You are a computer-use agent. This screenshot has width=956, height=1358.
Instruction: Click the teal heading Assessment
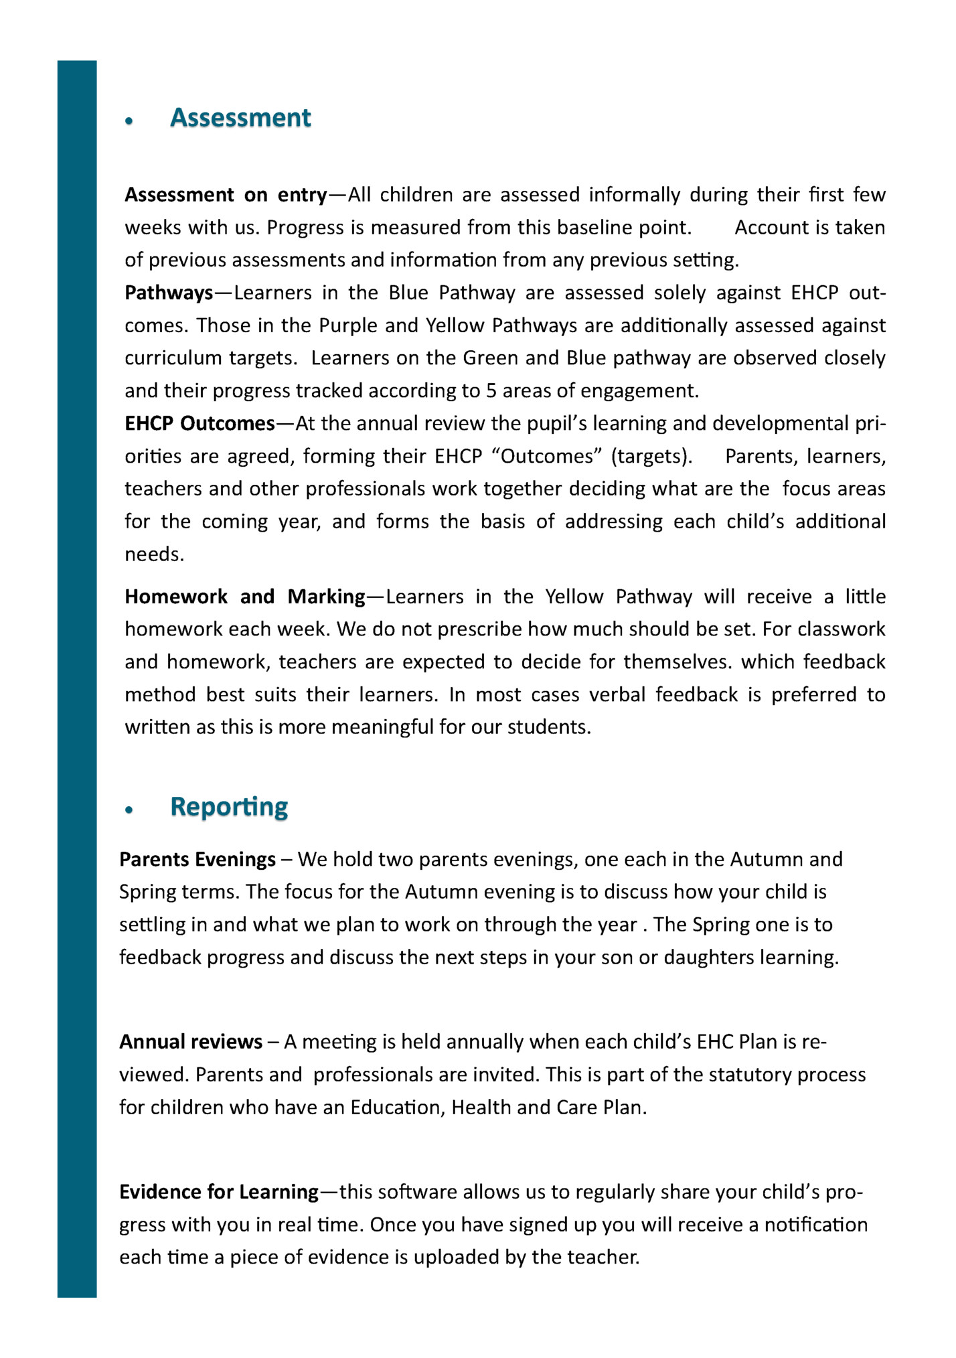coord(240,118)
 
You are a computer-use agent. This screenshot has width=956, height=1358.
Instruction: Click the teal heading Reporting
coord(229,806)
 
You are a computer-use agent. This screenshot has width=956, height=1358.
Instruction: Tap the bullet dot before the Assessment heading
coord(130,121)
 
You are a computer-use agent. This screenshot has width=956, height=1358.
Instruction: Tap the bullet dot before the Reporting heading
coord(130,810)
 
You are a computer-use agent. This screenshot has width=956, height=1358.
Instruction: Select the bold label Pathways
coord(169,293)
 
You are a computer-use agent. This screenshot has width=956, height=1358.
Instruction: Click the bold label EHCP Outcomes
coord(200,424)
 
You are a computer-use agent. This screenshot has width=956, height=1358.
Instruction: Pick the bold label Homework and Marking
coord(245,597)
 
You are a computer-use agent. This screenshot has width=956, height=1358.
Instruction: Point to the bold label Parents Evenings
coord(197,859)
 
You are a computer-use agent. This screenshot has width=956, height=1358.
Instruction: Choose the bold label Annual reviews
coord(191,1042)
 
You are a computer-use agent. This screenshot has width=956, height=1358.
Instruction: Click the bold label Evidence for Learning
coord(219,1192)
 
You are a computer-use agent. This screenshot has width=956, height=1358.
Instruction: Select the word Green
coord(491,358)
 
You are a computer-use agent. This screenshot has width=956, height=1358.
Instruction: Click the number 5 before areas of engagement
coord(491,391)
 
